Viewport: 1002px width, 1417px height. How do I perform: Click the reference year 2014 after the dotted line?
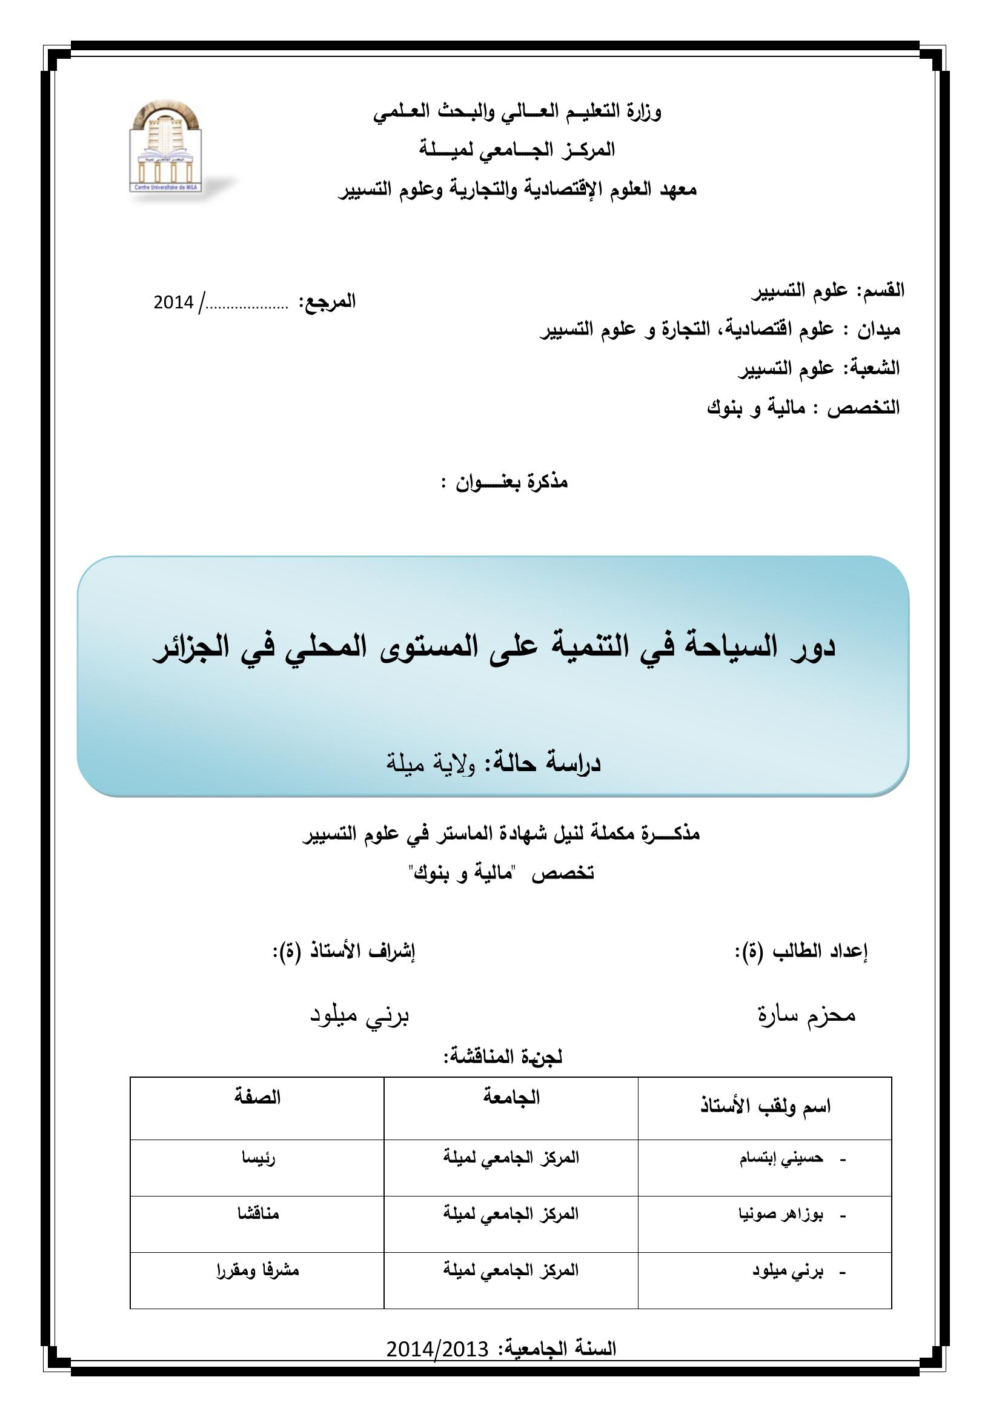point(173,303)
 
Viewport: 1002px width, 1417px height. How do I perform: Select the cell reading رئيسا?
point(258,1158)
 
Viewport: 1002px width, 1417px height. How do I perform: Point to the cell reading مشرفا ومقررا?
point(258,1271)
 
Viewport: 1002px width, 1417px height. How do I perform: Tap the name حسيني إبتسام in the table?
point(781,1158)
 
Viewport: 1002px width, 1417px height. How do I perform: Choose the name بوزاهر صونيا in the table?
point(780,1215)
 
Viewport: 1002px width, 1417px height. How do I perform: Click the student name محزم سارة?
point(806,1015)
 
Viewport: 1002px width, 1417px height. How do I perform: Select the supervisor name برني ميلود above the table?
point(359,1017)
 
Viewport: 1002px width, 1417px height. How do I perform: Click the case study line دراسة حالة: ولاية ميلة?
point(493,763)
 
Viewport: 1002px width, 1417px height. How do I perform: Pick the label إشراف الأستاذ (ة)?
point(343,951)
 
